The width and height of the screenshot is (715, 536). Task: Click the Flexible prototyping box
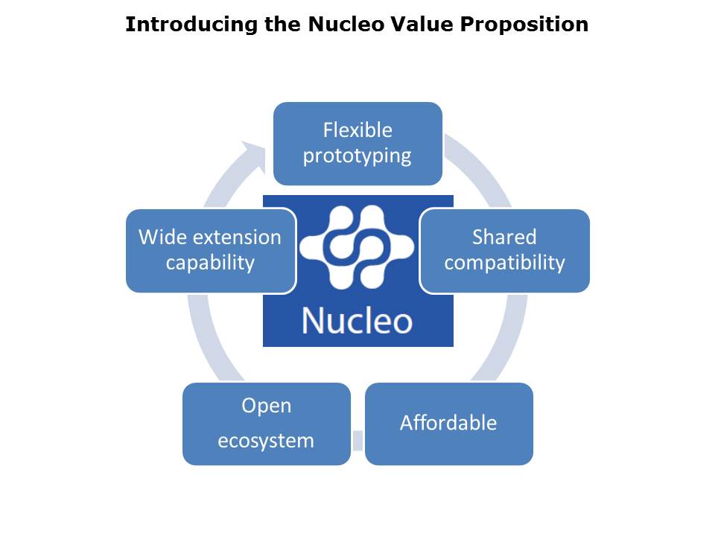click(357, 144)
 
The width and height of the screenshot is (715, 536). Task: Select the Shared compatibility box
click(505, 251)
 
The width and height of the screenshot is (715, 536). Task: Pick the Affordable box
click(448, 424)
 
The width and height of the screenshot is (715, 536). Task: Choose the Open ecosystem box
click(267, 424)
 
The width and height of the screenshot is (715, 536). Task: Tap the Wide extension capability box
click(211, 251)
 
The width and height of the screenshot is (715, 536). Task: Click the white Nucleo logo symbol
click(357, 247)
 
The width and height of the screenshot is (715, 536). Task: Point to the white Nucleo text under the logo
click(357, 321)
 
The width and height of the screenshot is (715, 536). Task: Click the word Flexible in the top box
click(357, 130)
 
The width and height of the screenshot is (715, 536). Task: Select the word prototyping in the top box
click(357, 156)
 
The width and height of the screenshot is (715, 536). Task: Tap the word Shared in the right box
click(504, 237)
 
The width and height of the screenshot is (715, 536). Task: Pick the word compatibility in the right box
click(505, 263)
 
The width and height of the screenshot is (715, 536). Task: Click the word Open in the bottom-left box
click(267, 406)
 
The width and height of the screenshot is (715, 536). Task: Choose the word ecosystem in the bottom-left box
click(266, 441)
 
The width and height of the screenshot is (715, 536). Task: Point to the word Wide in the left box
click(161, 237)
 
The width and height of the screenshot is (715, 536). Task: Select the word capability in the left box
click(210, 263)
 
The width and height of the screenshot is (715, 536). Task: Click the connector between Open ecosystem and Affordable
click(358, 440)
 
